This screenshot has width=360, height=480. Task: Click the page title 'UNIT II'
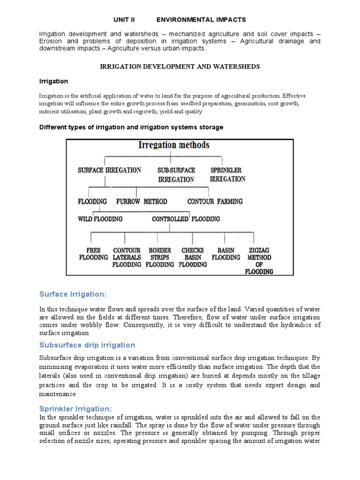[x=124, y=20]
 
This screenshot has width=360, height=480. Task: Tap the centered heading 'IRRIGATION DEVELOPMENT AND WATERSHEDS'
[x=180, y=67]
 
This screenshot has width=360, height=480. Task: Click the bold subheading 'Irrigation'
[x=53, y=81]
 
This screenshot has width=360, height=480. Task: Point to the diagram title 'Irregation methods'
[x=174, y=145]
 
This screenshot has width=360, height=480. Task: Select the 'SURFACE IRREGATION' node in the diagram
[x=109, y=170]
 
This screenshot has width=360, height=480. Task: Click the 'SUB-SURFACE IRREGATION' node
[x=176, y=174]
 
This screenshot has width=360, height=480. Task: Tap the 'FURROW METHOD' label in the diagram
[x=142, y=202]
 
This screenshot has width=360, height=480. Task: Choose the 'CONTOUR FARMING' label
[x=215, y=202]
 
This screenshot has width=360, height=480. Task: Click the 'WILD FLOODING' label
[x=100, y=219]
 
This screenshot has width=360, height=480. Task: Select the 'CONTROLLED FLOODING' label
[x=186, y=219]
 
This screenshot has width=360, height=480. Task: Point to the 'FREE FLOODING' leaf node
[x=93, y=254]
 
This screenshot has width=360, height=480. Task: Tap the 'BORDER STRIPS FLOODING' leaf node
[x=160, y=257]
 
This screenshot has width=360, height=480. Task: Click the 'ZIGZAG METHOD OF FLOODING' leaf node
[x=259, y=261]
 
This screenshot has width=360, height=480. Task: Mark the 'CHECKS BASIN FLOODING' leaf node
[x=193, y=257]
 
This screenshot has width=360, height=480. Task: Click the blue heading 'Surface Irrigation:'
[x=73, y=294]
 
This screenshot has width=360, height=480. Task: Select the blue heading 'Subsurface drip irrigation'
[x=87, y=345]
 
